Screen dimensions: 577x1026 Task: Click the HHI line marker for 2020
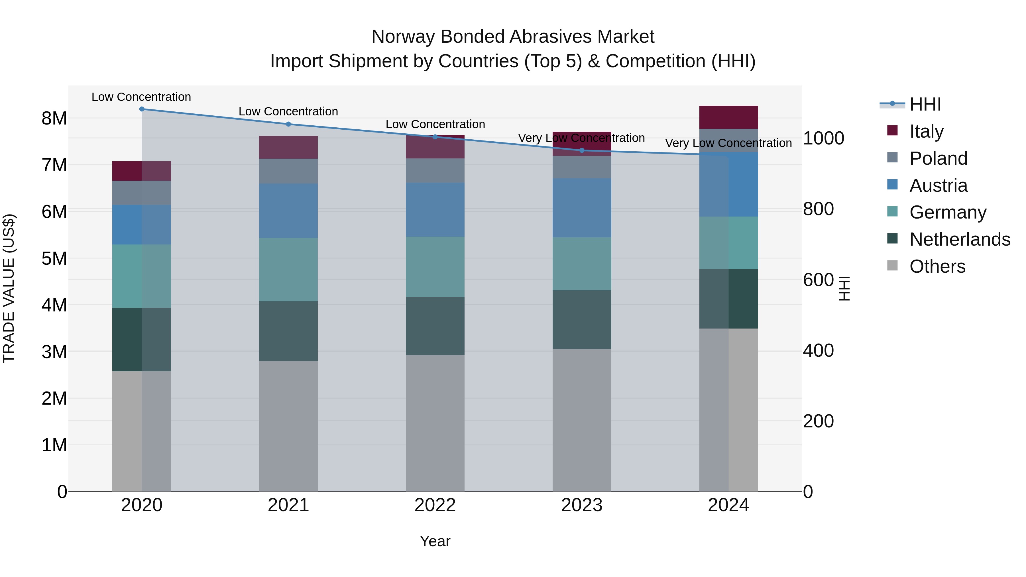pyautogui.click(x=142, y=109)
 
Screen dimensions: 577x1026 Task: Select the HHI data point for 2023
pyautogui.click(x=582, y=150)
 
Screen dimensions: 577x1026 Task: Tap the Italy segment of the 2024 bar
pyautogui.click(x=728, y=117)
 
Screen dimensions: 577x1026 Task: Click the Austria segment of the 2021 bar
pyautogui.click(x=288, y=211)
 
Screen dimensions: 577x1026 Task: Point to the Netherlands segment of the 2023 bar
pyautogui.click(x=582, y=320)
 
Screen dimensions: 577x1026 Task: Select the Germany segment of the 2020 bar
pyautogui.click(x=142, y=276)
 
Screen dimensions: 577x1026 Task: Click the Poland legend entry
pyautogui.click(x=938, y=158)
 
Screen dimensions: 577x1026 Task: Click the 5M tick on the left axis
pyautogui.click(x=54, y=258)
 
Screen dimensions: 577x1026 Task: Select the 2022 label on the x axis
pyautogui.click(x=435, y=505)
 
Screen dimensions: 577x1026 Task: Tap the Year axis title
pyautogui.click(x=435, y=541)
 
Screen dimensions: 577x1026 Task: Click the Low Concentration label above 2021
pyautogui.click(x=288, y=111)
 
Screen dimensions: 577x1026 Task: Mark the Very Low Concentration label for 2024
pyautogui.click(x=728, y=143)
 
